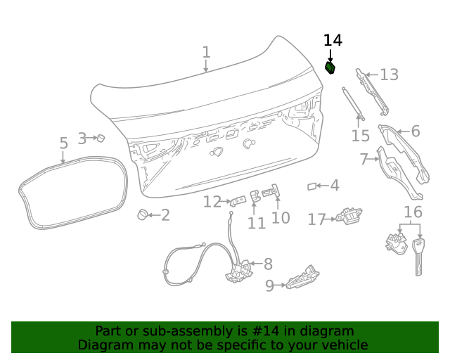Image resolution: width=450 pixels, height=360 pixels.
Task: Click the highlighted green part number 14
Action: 330,67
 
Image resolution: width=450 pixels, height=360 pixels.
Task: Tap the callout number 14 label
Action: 333,40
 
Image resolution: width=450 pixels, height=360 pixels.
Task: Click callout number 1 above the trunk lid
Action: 206,52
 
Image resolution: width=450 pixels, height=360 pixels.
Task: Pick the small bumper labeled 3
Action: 100,138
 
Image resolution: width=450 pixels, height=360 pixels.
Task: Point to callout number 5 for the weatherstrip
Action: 63,143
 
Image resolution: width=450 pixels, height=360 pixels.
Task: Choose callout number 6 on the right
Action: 416,131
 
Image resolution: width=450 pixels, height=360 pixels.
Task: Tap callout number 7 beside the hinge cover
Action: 364,160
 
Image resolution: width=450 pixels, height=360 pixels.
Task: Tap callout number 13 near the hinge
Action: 389,75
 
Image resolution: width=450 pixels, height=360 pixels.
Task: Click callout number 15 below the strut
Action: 360,136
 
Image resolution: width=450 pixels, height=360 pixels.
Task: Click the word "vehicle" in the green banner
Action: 344,345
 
